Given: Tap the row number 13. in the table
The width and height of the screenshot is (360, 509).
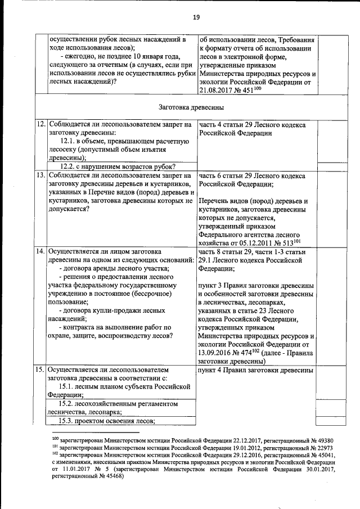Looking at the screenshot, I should click(x=40, y=175).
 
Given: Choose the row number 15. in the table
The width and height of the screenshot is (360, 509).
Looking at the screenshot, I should click(x=40, y=370).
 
